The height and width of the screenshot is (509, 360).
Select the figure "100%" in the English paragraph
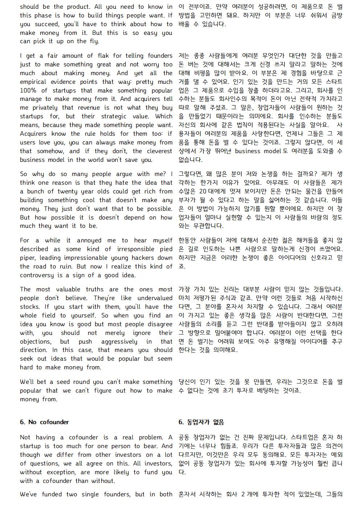coord(28,90)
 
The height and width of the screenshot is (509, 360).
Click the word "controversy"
coord(37,275)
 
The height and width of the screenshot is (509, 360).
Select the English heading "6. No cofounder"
coord(44,422)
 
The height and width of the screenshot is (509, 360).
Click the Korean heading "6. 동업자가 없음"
coord(201,422)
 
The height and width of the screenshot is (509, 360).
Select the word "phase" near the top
coord(48,16)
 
